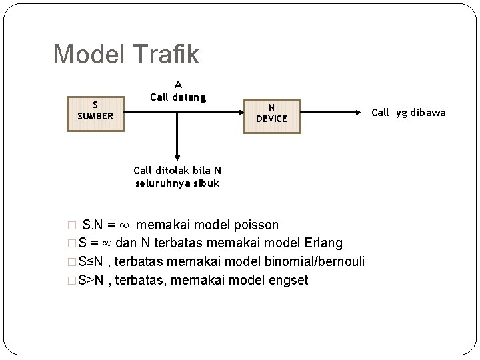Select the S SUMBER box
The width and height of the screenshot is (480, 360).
coord(95,111)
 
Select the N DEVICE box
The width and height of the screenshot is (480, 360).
coord(271,113)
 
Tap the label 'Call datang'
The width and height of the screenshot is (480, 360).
coord(178,97)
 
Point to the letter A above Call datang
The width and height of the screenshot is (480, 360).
coord(178,85)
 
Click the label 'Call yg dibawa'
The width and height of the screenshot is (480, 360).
coord(408,113)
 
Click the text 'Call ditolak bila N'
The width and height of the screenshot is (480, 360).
coord(177,171)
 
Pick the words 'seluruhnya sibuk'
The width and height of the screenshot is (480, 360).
coord(177,183)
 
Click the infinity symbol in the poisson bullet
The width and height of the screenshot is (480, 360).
coord(124,225)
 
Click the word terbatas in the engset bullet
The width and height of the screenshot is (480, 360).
coord(137,281)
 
